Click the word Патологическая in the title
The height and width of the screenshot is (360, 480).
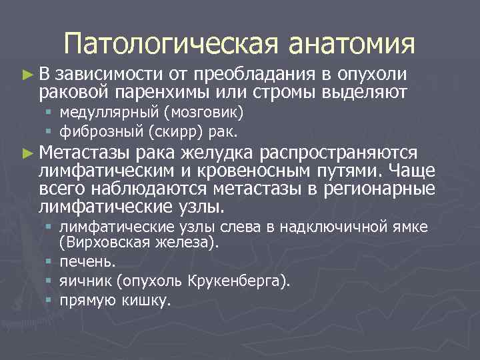tap(171, 44)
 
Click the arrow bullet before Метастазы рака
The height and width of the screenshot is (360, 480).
tap(27, 153)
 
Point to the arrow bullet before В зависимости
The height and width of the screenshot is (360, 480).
tap(27, 74)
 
